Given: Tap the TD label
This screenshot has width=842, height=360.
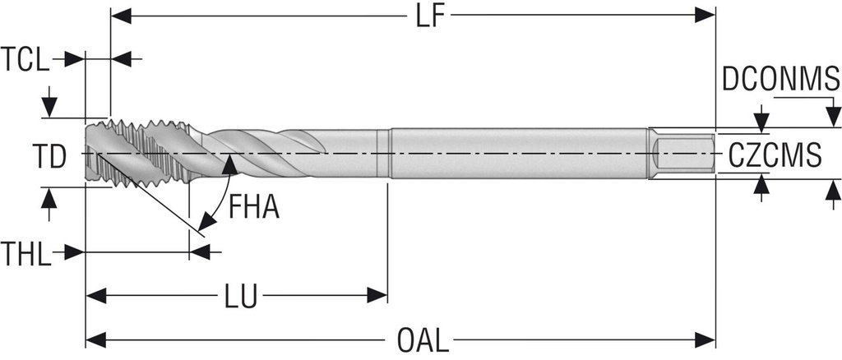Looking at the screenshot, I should [49, 156].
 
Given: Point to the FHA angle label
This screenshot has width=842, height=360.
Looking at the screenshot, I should [254, 206].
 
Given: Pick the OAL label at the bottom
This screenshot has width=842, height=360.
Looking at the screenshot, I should [423, 339].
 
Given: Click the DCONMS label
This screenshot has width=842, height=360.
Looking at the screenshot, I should [780, 79].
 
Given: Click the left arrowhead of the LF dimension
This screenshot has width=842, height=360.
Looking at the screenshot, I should [120, 15].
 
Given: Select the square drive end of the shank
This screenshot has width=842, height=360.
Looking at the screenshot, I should [683, 154].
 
